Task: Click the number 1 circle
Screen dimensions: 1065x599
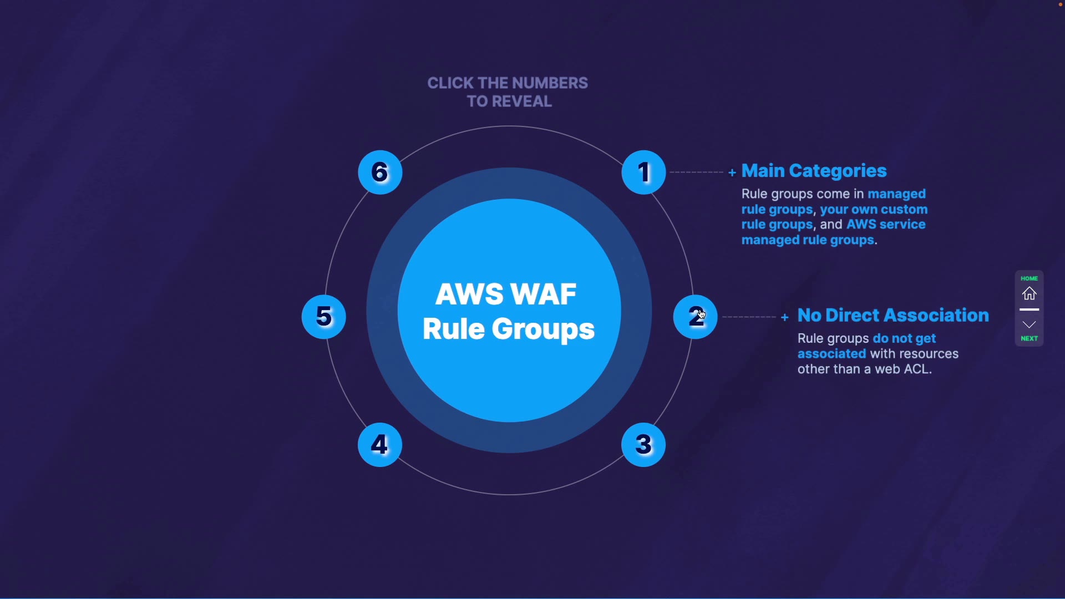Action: [x=644, y=172]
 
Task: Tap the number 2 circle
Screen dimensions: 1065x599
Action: [x=696, y=317]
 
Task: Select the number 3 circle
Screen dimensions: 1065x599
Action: [x=644, y=445]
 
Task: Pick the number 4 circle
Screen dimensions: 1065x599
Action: [x=381, y=445]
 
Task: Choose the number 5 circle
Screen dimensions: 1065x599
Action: [x=324, y=317]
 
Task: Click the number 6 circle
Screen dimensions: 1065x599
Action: [x=381, y=172]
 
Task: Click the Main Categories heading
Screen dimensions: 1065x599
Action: [x=815, y=171]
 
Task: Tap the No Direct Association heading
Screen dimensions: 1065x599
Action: [x=894, y=316]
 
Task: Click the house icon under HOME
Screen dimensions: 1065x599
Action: [x=1030, y=294]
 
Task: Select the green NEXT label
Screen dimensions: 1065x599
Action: [x=1030, y=339]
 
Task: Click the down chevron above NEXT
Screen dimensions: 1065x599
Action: [x=1030, y=325]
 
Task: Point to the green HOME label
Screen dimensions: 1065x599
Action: [x=1030, y=278]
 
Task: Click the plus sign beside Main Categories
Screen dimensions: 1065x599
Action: [x=732, y=173]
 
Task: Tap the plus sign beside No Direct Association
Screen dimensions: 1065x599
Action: [x=785, y=318]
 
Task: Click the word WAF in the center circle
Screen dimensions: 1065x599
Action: [x=545, y=295]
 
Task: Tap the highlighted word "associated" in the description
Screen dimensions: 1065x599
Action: [x=832, y=354]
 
